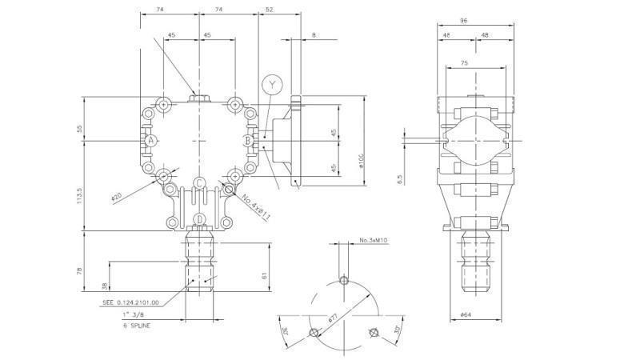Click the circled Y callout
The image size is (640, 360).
tap(272, 84)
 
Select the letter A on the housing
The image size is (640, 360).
tap(150, 140)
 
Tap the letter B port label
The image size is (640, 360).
tap(248, 141)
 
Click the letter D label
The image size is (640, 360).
tap(198, 219)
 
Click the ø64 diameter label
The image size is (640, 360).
tap(468, 314)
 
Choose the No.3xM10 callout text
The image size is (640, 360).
tap(374, 240)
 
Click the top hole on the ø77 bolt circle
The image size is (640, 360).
tap(343, 280)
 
